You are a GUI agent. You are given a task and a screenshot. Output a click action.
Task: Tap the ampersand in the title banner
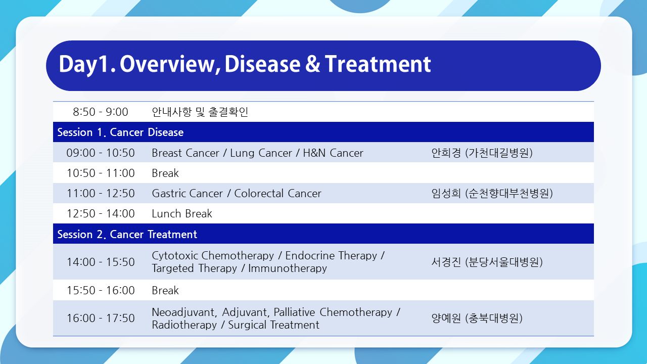click(x=313, y=64)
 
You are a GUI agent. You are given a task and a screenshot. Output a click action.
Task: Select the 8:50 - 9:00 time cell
click(x=100, y=112)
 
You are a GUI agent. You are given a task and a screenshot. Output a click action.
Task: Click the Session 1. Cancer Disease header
click(x=120, y=132)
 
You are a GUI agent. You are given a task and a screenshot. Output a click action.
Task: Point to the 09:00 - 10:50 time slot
click(x=101, y=153)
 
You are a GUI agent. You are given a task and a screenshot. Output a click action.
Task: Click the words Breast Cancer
click(x=186, y=153)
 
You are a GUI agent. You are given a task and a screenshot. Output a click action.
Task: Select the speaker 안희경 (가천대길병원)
click(x=482, y=153)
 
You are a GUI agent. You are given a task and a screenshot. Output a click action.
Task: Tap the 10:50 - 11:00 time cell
click(x=101, y=173)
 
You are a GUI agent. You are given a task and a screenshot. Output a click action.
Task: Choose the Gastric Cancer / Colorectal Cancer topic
click(x=237, y=193)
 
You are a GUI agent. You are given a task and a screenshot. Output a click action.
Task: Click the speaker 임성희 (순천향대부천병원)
click(x=492, y=193)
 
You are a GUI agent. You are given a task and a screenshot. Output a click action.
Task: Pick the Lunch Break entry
click(x=182, y=213)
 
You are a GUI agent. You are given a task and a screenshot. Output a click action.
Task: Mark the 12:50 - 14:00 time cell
click(x=101, y=213)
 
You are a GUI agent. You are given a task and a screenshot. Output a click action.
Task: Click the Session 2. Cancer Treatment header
click(x=127, y=234)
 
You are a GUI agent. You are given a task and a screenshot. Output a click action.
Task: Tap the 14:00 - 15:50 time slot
click(x=101, y=262)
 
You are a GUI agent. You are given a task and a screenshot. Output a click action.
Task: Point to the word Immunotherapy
click(x=288, y=268)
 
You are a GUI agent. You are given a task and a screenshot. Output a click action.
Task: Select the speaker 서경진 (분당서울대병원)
click(x=487, y=262)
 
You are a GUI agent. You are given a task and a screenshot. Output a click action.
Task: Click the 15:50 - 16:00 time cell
click(x=101, y=290)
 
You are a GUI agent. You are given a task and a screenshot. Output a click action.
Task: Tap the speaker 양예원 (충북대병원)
click(x=477, y=318)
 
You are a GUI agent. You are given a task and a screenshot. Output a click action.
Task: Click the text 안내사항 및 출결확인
click(x=200, y=112)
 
